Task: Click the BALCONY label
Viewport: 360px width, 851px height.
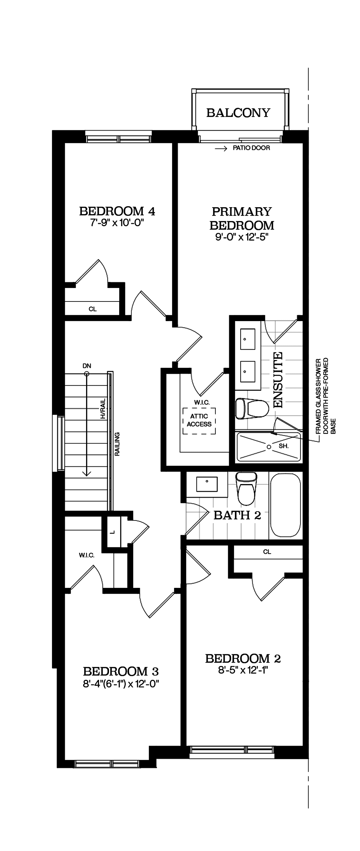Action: point(238,113)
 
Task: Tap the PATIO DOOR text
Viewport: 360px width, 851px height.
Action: point(251,148)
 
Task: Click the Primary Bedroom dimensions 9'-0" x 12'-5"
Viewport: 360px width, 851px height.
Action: point(242,237)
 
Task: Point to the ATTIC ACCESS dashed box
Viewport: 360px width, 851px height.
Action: point(199,421)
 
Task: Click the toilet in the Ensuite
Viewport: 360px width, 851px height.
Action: point(252,409)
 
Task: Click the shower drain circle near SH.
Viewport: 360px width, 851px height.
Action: point(269,447)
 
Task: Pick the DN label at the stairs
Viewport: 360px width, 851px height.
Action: point(87,366)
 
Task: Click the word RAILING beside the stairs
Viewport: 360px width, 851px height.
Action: point(117,444)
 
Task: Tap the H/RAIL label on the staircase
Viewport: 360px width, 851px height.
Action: point(103,409)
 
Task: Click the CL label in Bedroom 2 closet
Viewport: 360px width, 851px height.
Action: point(267,552)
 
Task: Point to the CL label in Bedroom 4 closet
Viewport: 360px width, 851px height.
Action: point(93,309)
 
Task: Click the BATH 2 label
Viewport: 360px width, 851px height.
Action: point(237,515)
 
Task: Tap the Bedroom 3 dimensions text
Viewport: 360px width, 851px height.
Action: point(121,684)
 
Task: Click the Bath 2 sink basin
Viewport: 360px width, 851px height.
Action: point(207,484)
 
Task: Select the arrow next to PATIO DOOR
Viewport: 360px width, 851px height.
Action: point(221,149)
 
